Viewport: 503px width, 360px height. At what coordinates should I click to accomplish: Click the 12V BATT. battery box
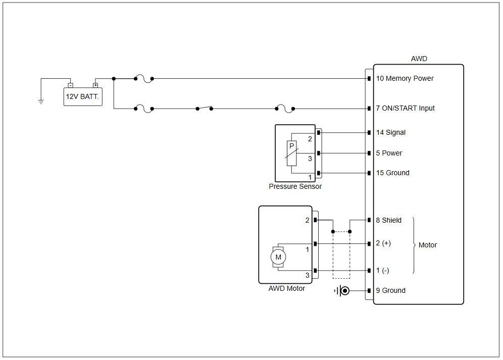click(83, 96)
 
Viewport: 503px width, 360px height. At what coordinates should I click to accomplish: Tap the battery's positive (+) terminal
click(95, 85)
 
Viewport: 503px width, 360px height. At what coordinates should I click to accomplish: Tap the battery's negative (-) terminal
click(71, 85)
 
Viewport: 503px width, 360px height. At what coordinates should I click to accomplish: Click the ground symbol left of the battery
click(41, 102)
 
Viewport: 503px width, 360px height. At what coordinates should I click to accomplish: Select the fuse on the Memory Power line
click(144, 79)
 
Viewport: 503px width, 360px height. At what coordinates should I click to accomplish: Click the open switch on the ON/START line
click(205, 108)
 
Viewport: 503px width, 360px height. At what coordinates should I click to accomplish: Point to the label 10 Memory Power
click(405, 79)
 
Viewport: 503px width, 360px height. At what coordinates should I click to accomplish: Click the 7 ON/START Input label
click(405, 108)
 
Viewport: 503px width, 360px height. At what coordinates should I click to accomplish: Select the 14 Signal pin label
click(391, 132)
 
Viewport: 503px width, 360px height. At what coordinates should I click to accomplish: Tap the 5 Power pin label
click(389, 153)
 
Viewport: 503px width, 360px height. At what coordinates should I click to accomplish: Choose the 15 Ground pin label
click(392, 173)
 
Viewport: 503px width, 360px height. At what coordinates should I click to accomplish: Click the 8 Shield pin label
click(388, 220)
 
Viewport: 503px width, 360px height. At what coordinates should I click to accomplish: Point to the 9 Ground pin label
click(391, 290)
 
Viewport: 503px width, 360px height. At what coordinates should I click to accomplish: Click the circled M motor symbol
click(278, 257)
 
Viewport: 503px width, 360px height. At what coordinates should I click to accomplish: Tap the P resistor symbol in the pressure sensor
click(291, 153)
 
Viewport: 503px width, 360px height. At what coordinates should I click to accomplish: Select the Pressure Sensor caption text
click(295, 186)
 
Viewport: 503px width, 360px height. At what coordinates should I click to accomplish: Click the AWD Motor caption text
click(286, 288)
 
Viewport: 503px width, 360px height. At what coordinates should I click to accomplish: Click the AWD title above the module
click(419, 59)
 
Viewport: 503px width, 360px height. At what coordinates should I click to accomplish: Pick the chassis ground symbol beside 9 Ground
click(342, 291)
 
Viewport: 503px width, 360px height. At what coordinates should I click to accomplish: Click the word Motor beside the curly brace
click(428, 245)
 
